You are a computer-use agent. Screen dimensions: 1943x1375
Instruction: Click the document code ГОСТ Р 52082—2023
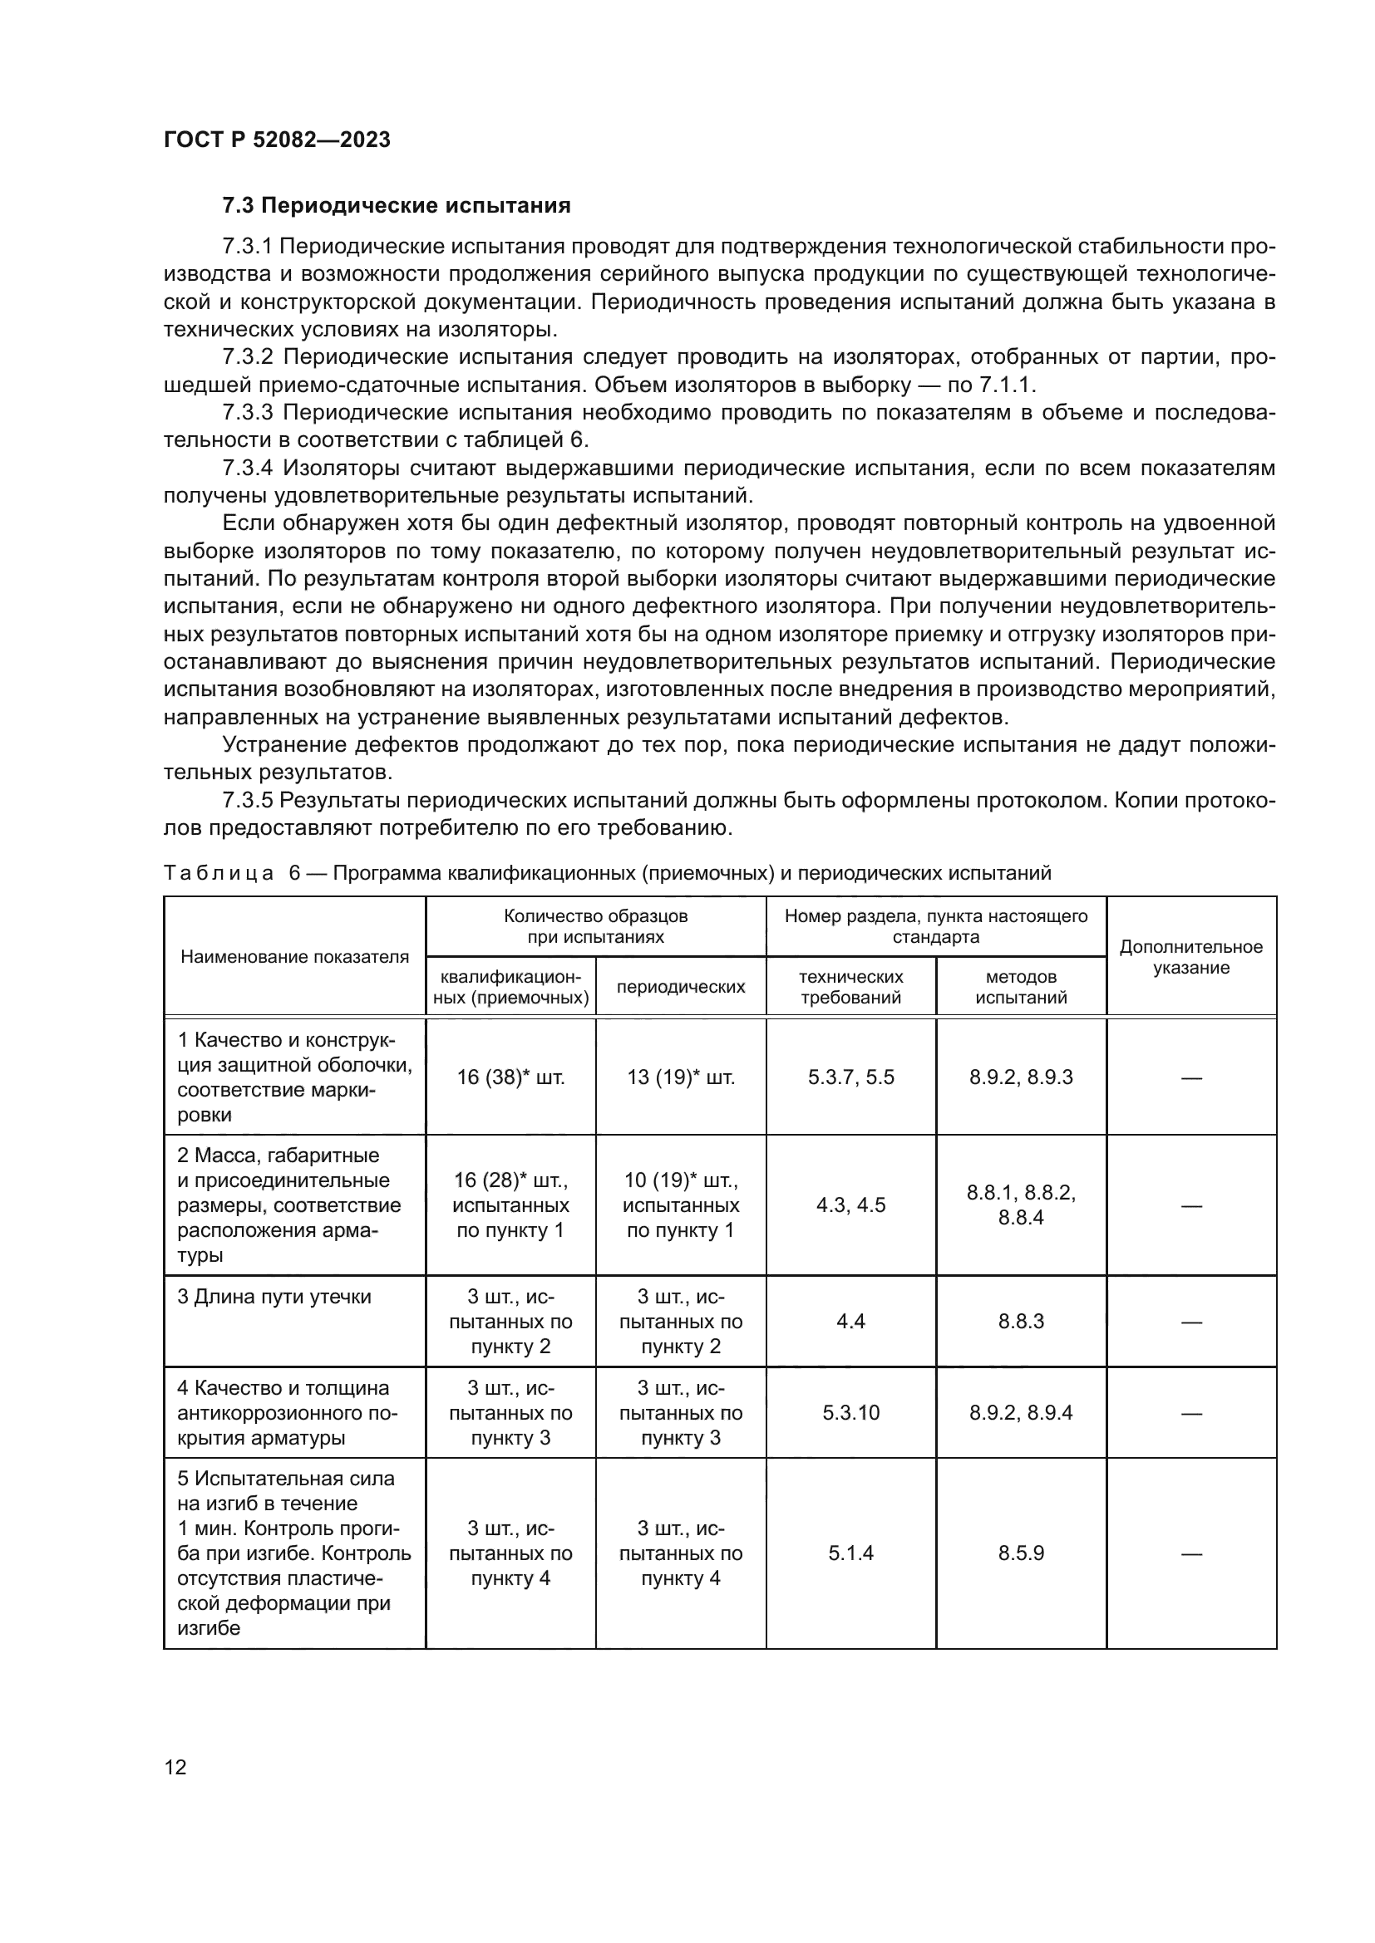pyautogui.click(x=277, y=140)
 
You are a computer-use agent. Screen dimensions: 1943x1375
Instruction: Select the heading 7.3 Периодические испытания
pyautogui.click(x=397, y=206)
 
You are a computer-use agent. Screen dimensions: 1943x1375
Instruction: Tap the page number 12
pyautogui.click(x=175, y=1767)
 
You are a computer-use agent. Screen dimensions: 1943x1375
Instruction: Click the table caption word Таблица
pyautogui.click(x=219, y=873)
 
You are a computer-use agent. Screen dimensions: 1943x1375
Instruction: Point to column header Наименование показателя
pyautogui.click(x=294, y=957)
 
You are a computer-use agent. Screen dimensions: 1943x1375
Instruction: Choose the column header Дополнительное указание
pyautogui.click(x=1190, y=957)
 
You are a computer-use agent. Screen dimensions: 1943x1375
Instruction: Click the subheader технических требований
pyautogui.click(x=850, y=987)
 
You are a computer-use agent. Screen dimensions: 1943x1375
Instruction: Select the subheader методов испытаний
pyautogui.click(x=1020, y=987)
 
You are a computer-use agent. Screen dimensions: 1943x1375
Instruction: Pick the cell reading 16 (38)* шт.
pyautogui.click(x=510, y=1077)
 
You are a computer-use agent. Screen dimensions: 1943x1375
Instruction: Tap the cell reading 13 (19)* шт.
pyautogui.click(x=681, y=1077)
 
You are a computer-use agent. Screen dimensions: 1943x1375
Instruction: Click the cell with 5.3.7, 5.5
pyautogui.click(x=850, y=1077)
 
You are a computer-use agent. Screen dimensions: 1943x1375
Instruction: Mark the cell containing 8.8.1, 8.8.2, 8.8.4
pyautogui.click(x=1020, y=1205)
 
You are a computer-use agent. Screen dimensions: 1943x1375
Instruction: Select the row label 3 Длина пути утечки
pyautogui.click(x=274, y=1298)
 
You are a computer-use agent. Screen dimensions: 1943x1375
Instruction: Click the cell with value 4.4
pyautogui.click(x=850, y=1322)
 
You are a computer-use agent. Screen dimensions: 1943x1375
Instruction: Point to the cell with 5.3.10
pyautogui.click(x=850, y=1412)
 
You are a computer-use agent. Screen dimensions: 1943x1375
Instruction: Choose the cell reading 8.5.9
pyautogui.click(x=1020, y=1553)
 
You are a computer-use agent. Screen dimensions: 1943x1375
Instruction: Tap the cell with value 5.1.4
pyautogui.click(x=850, y=1553)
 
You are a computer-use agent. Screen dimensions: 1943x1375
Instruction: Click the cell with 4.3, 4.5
pyautogui.click(x=850, y=1205)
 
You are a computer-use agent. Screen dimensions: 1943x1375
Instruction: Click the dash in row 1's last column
pyautogui.click(x=1190, y=1078)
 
